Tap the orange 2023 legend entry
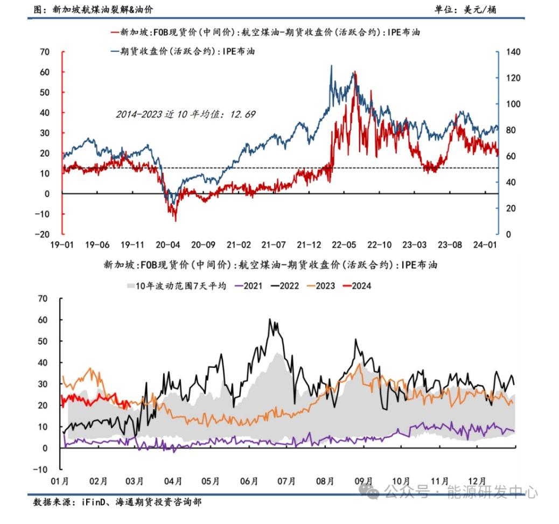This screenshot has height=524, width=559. (x=322, y=285)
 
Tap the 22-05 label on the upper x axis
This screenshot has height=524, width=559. (x=344, y=245)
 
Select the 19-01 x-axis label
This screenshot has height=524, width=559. (x=62, y=245)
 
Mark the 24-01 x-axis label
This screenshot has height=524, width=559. (x=485, y=245)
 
